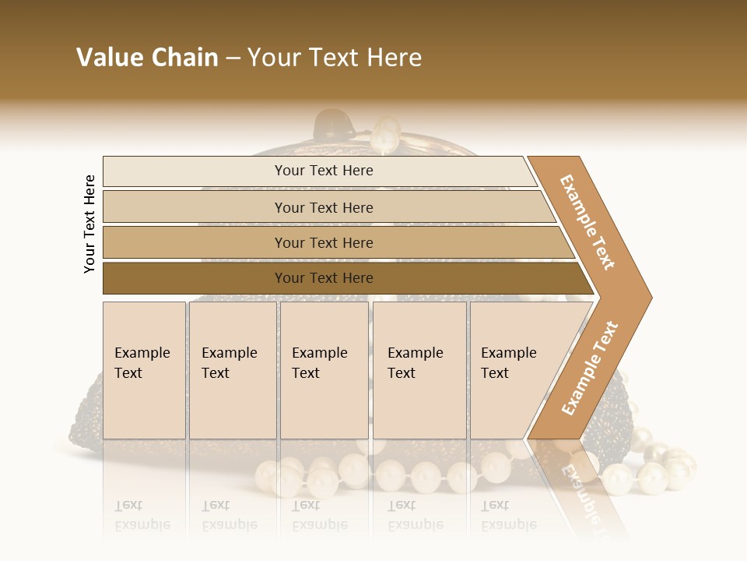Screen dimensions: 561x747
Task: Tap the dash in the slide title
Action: (233, 58)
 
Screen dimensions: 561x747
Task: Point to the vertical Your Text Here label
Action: (89, 224)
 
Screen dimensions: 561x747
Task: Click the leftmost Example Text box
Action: (144, 370)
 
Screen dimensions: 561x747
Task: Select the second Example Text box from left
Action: (232, 370)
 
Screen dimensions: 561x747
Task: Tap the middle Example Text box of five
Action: (324, 370)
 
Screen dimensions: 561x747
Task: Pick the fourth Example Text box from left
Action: (419, 370)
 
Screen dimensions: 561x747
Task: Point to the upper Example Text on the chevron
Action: (587, 222)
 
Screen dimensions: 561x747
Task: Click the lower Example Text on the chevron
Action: (590, 368)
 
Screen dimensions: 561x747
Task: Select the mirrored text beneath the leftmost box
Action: (142, 515)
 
